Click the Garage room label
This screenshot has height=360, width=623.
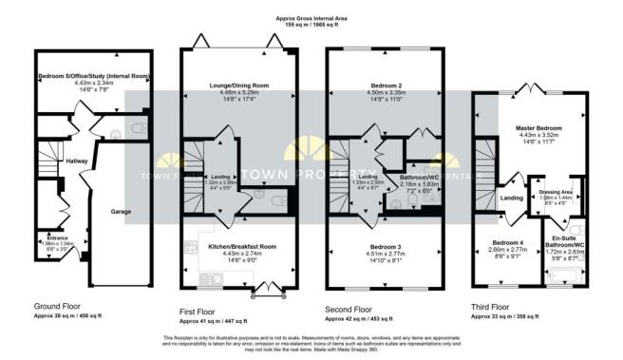click(x=121, y=211)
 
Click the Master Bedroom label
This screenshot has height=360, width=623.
click(x=539, y=127)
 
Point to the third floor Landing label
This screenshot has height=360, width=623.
click(x=512, y=197)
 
